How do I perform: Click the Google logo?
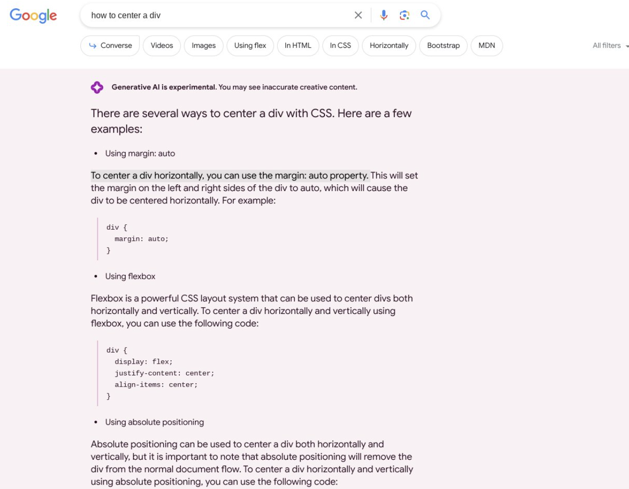[33, 16]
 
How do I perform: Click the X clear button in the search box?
[358, 15]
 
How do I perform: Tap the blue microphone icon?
[384, 15]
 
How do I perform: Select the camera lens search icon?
[404, 15]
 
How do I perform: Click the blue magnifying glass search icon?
[425, 15]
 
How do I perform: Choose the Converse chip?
[111, 45]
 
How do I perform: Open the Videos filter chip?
[162, 45]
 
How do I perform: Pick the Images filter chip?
[204, 45]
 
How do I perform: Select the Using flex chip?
[250, 45]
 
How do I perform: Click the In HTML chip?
[298, 45]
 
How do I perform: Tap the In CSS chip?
[340, 45]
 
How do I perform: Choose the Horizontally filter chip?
[389, 45]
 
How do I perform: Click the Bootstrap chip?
[443, 45]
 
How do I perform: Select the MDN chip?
[487, 45]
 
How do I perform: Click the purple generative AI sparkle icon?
[97, 87]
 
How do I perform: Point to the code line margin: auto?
[141, 239]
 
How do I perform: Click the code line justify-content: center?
[164, 373]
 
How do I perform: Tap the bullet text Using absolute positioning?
[154, 422]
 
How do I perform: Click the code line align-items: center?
[156, 385]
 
